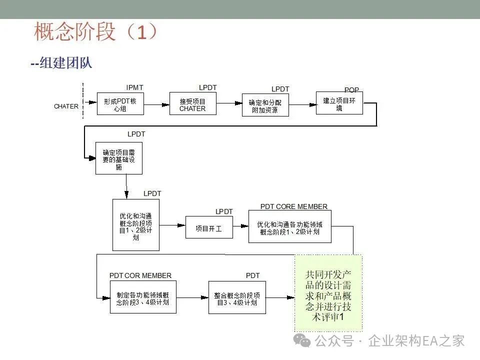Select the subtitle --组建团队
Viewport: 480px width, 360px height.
pyautogui.click(x=61, y=63)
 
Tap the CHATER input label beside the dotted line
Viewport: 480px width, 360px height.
pyautogui.click(x=66, y=106)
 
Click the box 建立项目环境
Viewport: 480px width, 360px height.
pyautogui.click(x=339, y=103)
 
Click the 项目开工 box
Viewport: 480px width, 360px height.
pyautogui.click(x=208, y=227)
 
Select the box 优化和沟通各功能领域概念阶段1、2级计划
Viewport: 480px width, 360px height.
pyautogui.click(x=289, y=227)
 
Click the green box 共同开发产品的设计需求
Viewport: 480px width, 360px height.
pyautogui.click(x=327, y=293)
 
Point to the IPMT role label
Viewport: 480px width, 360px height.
pyautogui.click(x=134, y=87)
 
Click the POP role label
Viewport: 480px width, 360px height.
pyautogui.click(x=351, y=90)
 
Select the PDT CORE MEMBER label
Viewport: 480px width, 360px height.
pyautogui.click(x=294, y=206)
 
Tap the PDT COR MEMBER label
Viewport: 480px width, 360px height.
pyautogui.click(x=140, y=275)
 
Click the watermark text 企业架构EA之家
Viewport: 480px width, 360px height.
pyautogui.click(x=416, y=341)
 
